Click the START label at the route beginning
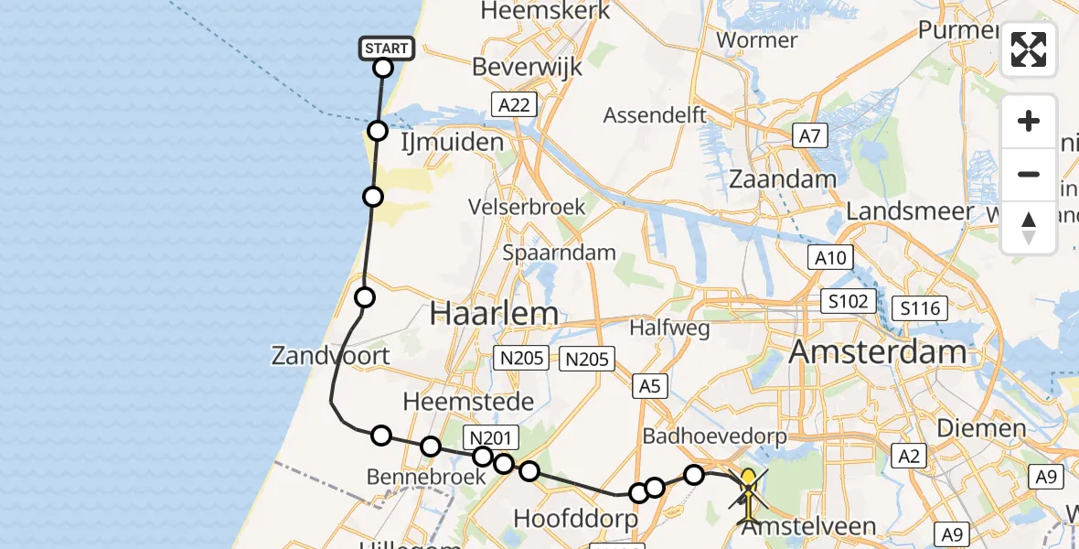[x=387, y=48]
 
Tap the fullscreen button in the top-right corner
[x=1029, y=49]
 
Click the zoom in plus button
[x=1029, y=122]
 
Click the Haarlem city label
[x=494, y=314]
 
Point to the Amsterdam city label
[x=878, y=351]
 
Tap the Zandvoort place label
[x=331, y=355]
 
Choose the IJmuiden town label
[x=453, y=142]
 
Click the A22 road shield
[x=514, y=105]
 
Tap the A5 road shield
[x=649, y=386]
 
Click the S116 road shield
[x=920, y=308]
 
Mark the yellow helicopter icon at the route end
[x=749, y=495]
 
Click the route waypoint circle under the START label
[x=383, y=68]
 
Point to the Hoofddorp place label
[x=574, y=518]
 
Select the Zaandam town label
[x=784, y=179]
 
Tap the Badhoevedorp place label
[x=714, y=435]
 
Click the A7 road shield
[x=809, y=137]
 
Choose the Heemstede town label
[x=455, y=401]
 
